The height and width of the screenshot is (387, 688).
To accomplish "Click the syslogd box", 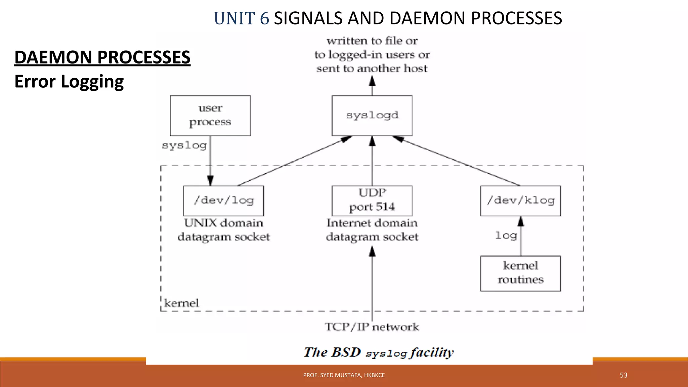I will tap(372, 116).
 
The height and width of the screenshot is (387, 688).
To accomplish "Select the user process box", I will tap(210, 116).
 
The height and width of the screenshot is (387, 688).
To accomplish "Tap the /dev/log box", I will tap(223, 201).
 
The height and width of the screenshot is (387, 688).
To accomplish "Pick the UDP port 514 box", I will tap(372, 201).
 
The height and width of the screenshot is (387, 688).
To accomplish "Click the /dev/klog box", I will tap(520, 201).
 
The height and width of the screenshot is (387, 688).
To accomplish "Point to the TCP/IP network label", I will tap(372, 327).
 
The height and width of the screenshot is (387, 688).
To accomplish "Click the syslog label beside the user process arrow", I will tap(184, 145).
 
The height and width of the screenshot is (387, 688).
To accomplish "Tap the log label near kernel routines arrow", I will tap(506, 235).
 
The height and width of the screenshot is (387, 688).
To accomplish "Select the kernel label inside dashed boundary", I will tap(181, 303).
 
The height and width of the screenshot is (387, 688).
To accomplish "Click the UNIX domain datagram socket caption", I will tap(223, 230).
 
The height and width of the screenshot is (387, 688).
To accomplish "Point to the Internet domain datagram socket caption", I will tap(372, 230).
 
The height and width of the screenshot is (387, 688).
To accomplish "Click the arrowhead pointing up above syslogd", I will tap(372, 81).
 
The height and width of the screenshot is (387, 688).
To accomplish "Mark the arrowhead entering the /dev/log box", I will tap(210, 181).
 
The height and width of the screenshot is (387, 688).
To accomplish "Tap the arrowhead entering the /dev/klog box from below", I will tap(521, 221).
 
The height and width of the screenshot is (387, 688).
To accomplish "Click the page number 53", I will tap(623, 375).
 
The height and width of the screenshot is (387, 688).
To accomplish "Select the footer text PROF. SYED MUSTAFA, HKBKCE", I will tap(344, 375).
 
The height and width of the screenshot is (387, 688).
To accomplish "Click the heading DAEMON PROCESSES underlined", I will tap(102, 57).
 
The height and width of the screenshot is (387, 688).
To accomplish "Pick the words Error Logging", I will tap(69, 82).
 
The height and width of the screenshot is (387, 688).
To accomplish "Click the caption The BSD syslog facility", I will tap(379, 352).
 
